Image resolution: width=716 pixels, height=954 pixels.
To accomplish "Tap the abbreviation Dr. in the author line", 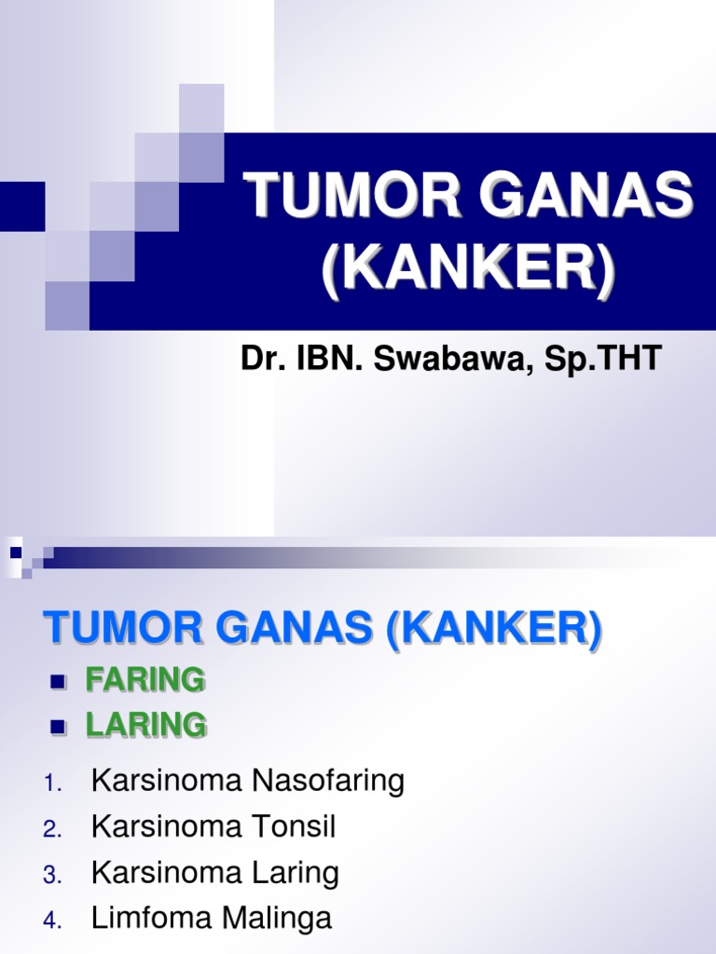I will point(262,358).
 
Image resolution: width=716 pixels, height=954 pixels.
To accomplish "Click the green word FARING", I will point(145,681).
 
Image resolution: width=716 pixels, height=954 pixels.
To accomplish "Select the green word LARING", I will point(146,725).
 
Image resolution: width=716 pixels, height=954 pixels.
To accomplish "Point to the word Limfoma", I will point(148,919).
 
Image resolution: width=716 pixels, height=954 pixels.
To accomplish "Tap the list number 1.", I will point(51,784).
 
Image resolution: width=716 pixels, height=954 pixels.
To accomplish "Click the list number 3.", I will point(51,876).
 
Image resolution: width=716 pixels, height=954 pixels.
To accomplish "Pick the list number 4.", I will point(51,921).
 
